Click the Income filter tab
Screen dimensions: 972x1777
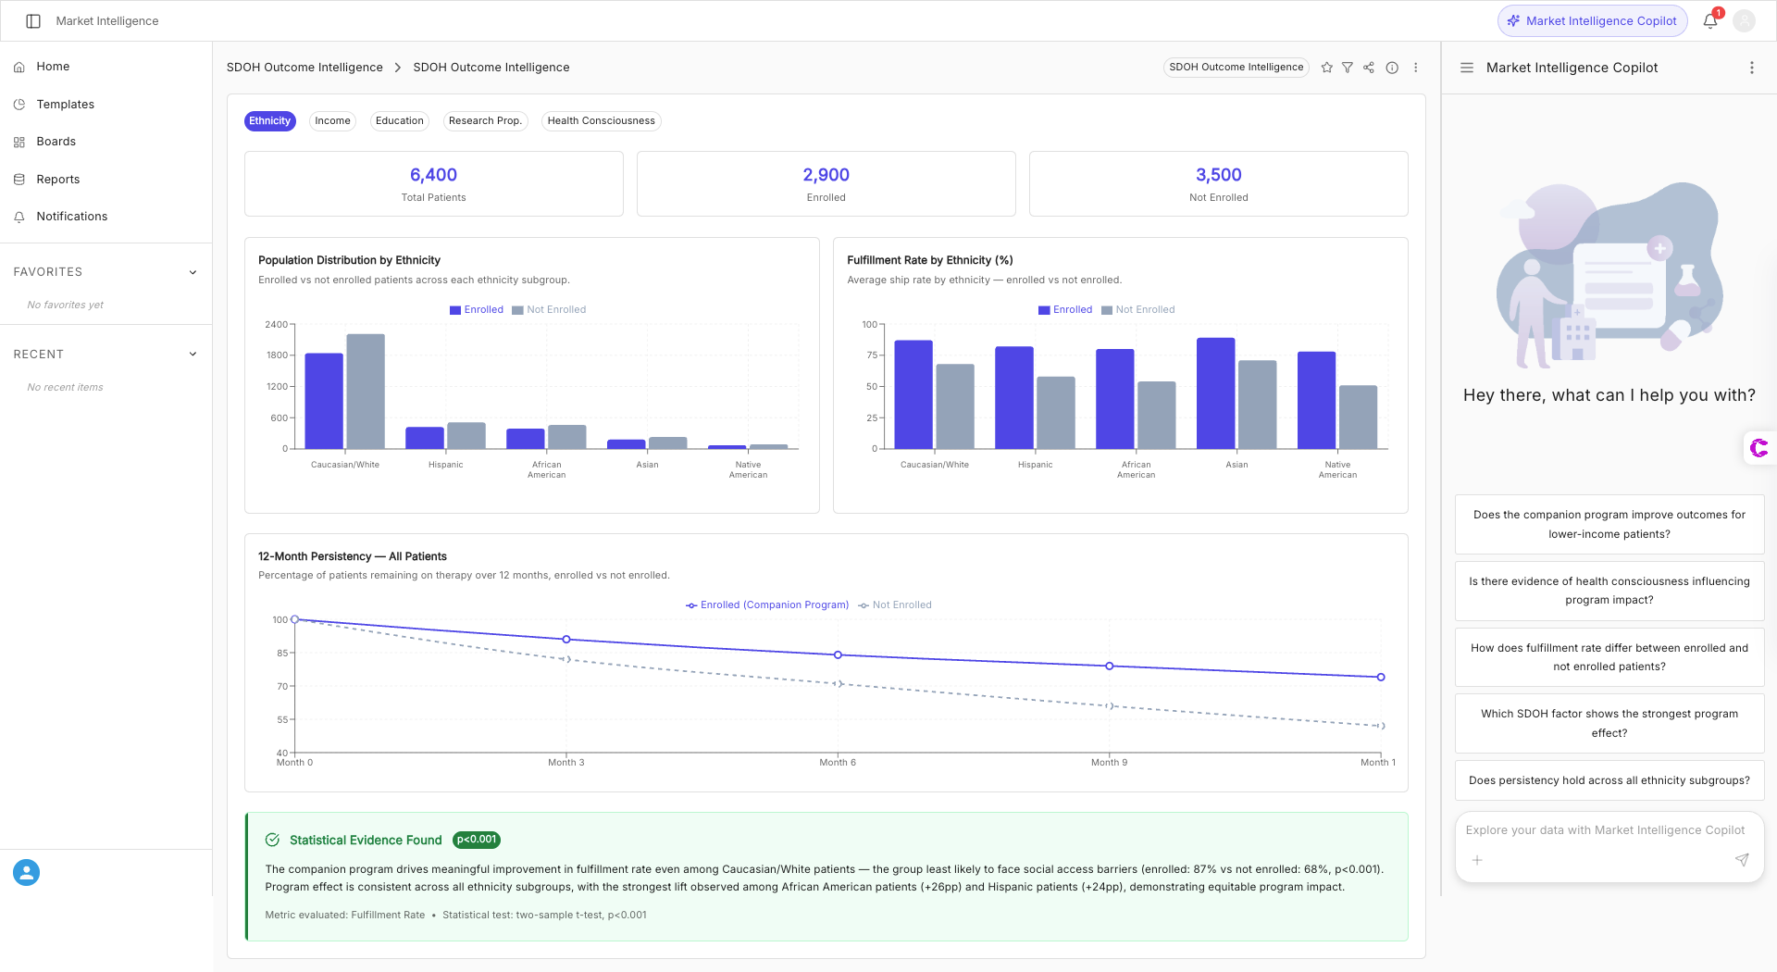click(332, 121)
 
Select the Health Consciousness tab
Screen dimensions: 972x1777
click(601, 121)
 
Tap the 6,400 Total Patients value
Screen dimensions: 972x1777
click(433, 175)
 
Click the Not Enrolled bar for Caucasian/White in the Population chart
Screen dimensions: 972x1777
click(366, 392)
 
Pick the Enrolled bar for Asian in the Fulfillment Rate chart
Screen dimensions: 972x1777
click(1215, 393)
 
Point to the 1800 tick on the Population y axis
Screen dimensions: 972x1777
click(277, 355)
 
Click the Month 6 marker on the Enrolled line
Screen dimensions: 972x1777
click(839, 655)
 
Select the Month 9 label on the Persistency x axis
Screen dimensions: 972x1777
click(1109, 763)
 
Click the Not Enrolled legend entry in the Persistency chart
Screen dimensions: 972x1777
click(895, 605)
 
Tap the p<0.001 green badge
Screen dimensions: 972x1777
click(477, 840)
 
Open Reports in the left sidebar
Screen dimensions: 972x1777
click(57, 180)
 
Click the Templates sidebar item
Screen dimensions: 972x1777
click(65, 105)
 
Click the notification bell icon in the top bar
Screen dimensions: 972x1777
click(1709, 21)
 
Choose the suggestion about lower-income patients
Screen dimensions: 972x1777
click(1609, 525)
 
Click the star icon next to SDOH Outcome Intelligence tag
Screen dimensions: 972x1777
click(1326, 68)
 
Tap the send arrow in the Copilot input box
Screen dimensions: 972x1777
click(1741, 860)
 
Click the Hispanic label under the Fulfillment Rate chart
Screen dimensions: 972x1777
click(1035, 465)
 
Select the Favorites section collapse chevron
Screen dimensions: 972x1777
click(193, 272)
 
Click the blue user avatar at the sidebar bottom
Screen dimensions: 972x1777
click(26, 872)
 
